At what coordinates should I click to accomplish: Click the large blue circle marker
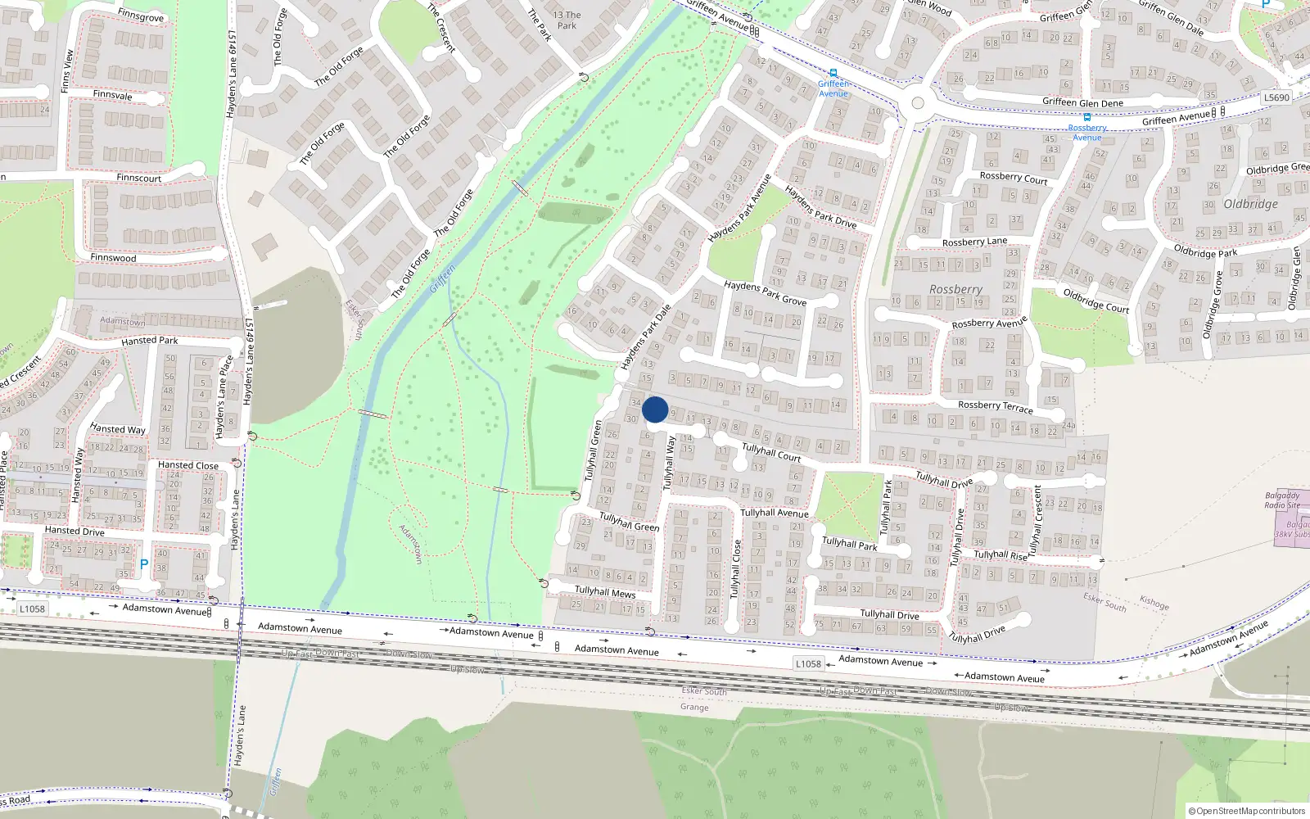(x=655, y=409)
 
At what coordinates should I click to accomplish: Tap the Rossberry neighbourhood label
(x=955, y=289)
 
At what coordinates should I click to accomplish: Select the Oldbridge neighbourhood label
(x=1250, y=204)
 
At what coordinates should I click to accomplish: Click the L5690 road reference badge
(x=1276, y=97)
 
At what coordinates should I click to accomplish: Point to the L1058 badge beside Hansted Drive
(x=33, y=609)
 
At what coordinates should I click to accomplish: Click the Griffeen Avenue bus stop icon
(x=833, y=74)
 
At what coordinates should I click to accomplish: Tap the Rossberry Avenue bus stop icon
(x=1087, y=118)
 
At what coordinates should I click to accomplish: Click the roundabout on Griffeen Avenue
(x=918, y=103)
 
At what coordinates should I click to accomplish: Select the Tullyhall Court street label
(x=771, y=452)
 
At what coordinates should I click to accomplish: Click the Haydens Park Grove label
(x=765, y=293)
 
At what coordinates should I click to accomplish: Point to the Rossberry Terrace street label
(x=996, y=406)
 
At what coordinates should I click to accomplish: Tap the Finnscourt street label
(x=138, y=178)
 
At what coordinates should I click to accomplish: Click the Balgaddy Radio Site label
(x=1282, y=500)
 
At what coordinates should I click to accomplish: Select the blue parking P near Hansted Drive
(x=144, y=564)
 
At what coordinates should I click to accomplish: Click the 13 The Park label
(x=567, y=20)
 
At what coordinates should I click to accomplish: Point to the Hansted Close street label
(x=188, y=465)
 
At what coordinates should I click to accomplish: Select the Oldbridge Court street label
(x=1095, y=301)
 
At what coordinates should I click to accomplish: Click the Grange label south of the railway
(x=694, y=707)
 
